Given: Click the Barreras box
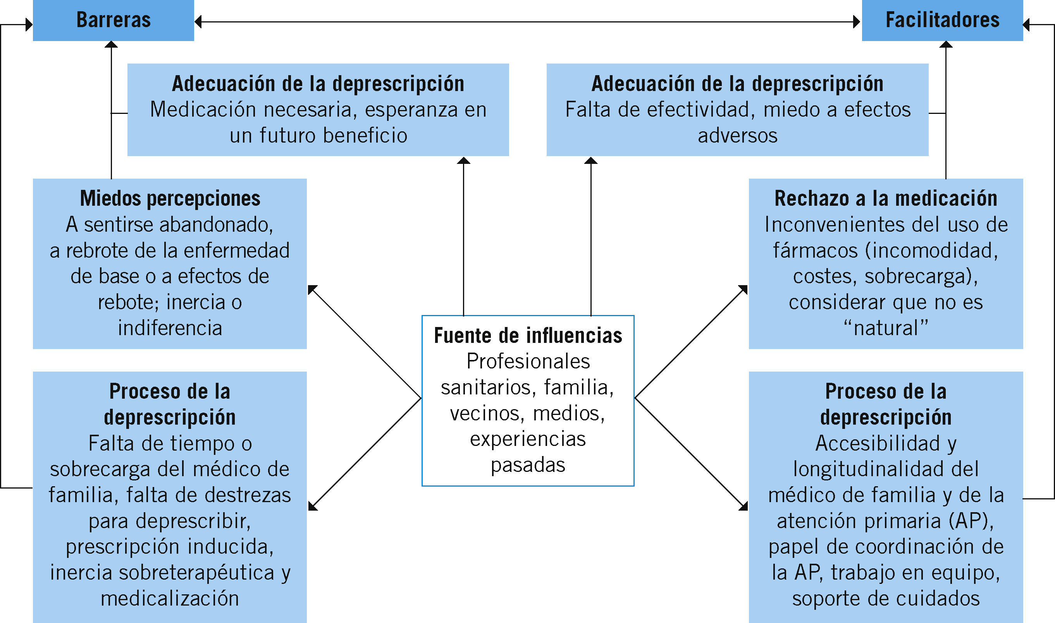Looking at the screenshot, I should click(x=114, y=20).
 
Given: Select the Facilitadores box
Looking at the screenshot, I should click(x=942, y=20).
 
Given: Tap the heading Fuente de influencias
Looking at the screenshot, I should click(x=528, y=336).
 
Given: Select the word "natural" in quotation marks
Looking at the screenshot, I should click(x=886, y=328).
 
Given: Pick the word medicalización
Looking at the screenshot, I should click(x=170, y=599).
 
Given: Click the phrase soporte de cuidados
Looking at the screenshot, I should click(x=886, y=599).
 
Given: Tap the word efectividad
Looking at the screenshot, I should click(x=699, y=110).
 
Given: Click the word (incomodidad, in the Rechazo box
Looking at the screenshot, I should click(x=931, y=251).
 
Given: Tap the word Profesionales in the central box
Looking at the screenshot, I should click(x=528, y=361).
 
